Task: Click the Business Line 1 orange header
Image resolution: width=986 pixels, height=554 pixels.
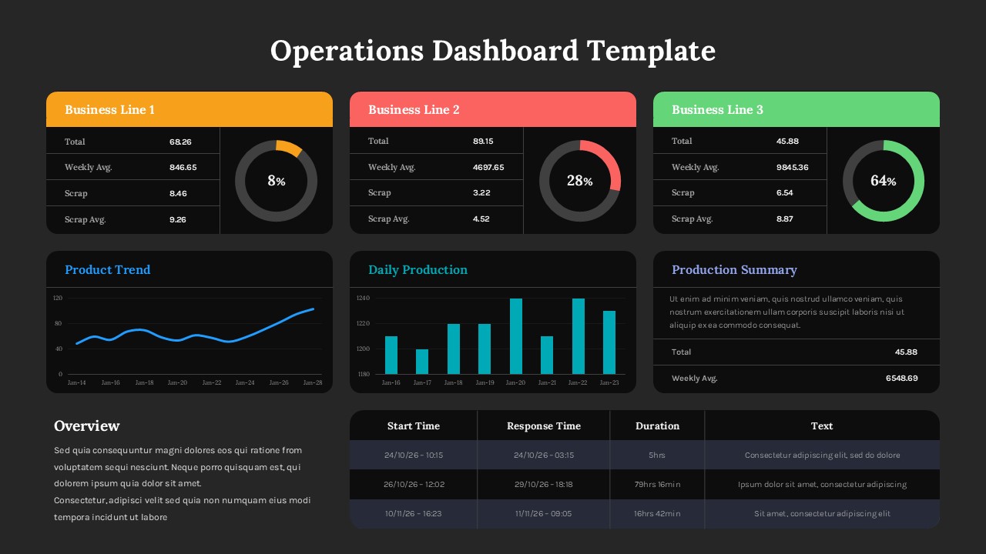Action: coord(189,109)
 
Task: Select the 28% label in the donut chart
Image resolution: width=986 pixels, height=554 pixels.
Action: coord(579,181)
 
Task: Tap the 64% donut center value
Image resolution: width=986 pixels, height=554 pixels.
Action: coord(883,181)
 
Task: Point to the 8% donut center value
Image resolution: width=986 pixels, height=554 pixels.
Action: coord(276,181)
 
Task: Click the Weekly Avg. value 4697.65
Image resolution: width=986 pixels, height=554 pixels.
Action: coord(488,167)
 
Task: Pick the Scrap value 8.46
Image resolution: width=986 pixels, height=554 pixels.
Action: coord(178,193)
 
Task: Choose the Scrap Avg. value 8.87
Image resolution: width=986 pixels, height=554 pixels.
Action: coord(784,219)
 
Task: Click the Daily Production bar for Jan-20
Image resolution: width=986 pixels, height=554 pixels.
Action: coord(516,336)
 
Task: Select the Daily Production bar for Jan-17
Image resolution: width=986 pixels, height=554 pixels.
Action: coord(422,362)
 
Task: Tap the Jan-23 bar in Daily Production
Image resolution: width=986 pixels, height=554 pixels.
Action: coord(609,342)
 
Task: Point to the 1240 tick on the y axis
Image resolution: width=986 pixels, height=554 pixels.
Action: coord(364,298)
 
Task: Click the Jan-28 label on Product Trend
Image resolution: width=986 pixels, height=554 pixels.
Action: coord(313,382)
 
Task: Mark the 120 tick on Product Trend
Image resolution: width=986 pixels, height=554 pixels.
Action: coord(58,298)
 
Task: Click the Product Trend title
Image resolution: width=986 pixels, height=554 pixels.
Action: coord(107,269)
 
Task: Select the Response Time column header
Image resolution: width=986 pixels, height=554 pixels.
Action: coord(543,426)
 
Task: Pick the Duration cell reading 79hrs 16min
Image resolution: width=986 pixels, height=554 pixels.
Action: coord(657,485)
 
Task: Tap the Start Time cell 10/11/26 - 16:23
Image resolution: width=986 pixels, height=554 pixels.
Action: coord(414,514)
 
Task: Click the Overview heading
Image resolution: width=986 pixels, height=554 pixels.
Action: coord(87,426)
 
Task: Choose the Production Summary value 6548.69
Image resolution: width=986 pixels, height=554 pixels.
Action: coord(901,379)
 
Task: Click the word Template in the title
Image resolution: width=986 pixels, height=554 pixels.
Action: coord(651,51)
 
